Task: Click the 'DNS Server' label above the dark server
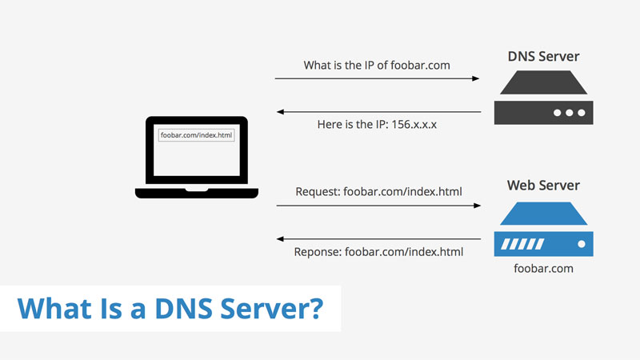(544, 58)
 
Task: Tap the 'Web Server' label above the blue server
(544, 186)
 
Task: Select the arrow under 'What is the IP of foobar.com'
(377, 78)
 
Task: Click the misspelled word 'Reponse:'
(318, 253)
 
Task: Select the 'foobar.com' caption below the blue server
(544, 269)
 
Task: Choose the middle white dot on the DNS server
(570, 113)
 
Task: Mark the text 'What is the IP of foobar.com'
(377, 65)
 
